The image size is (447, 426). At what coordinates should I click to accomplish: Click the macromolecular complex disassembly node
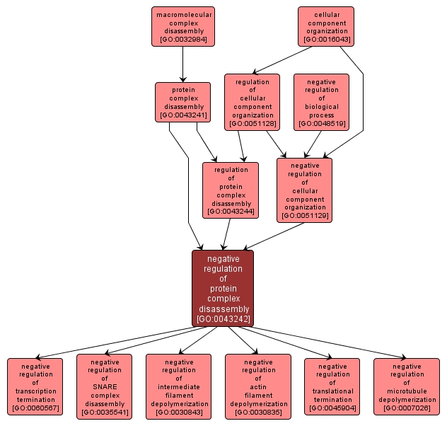point(182,26)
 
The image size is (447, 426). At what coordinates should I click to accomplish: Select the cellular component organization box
point(326,26)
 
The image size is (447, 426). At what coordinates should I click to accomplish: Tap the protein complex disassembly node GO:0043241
point(182,102)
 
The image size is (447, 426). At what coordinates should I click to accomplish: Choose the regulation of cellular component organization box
point(252,102)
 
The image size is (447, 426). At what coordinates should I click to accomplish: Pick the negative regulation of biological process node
point(322,102)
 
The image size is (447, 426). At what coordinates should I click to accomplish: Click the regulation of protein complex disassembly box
point(230,189)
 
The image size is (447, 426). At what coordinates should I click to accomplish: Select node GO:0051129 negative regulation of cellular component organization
point(304,189)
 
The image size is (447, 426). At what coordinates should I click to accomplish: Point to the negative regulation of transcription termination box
point(35,386)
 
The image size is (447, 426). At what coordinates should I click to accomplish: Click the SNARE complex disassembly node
point(105,386)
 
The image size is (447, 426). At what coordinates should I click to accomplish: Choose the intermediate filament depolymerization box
point(179,386)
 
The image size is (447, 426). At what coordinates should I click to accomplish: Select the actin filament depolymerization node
point(258,386)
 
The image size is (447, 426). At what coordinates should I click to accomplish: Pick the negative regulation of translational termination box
point(332,386)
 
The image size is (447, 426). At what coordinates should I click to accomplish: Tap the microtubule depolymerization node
point(407,386)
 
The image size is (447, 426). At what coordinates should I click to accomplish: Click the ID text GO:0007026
point(407,409)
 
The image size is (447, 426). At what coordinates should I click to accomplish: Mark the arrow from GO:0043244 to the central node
point(227,233)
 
